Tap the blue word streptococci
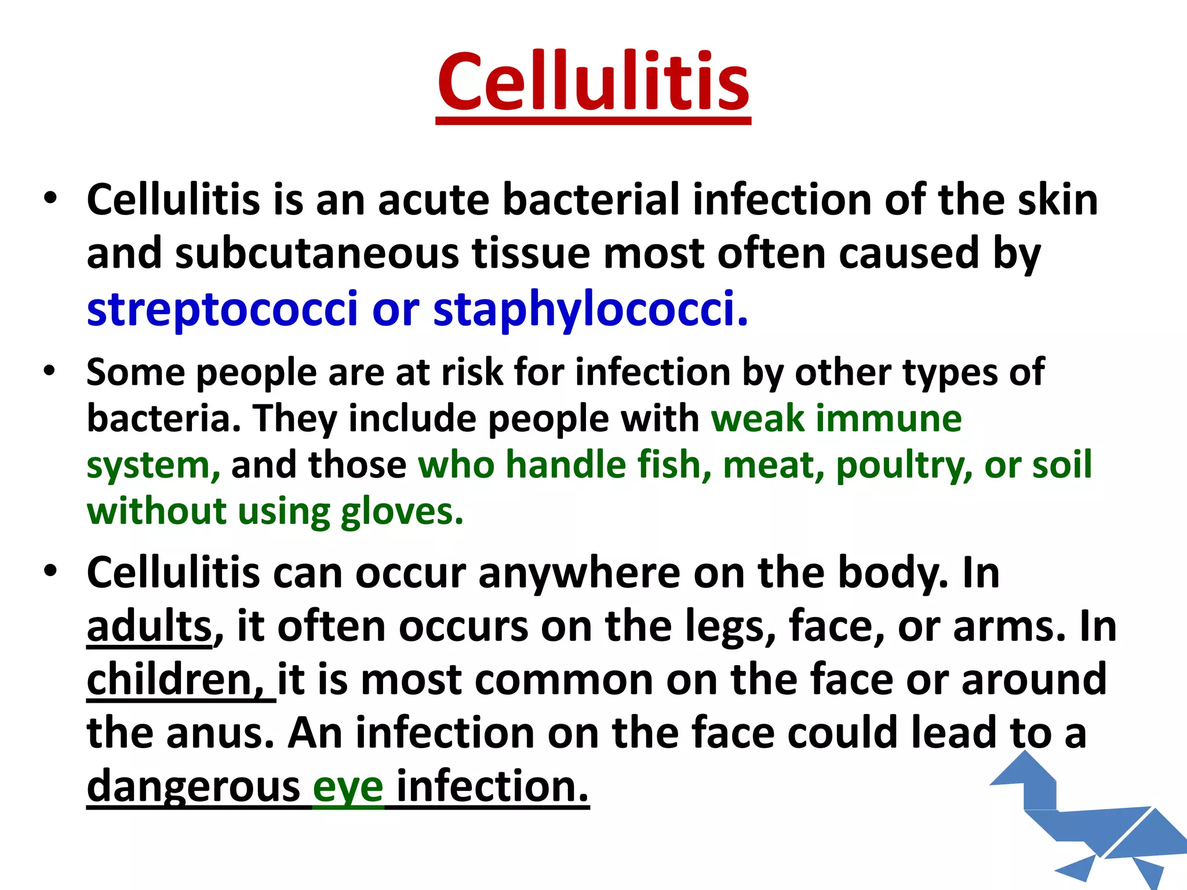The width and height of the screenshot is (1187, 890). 222,308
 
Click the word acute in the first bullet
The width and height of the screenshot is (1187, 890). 434,200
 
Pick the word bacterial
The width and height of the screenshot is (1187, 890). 591,200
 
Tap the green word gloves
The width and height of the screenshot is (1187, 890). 402,512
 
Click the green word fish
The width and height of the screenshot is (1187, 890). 674,465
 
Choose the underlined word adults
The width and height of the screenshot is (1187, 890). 150,627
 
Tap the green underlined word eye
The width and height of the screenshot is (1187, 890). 348,788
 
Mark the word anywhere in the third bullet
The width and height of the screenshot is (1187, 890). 580,574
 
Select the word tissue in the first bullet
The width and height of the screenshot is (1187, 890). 530,254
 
